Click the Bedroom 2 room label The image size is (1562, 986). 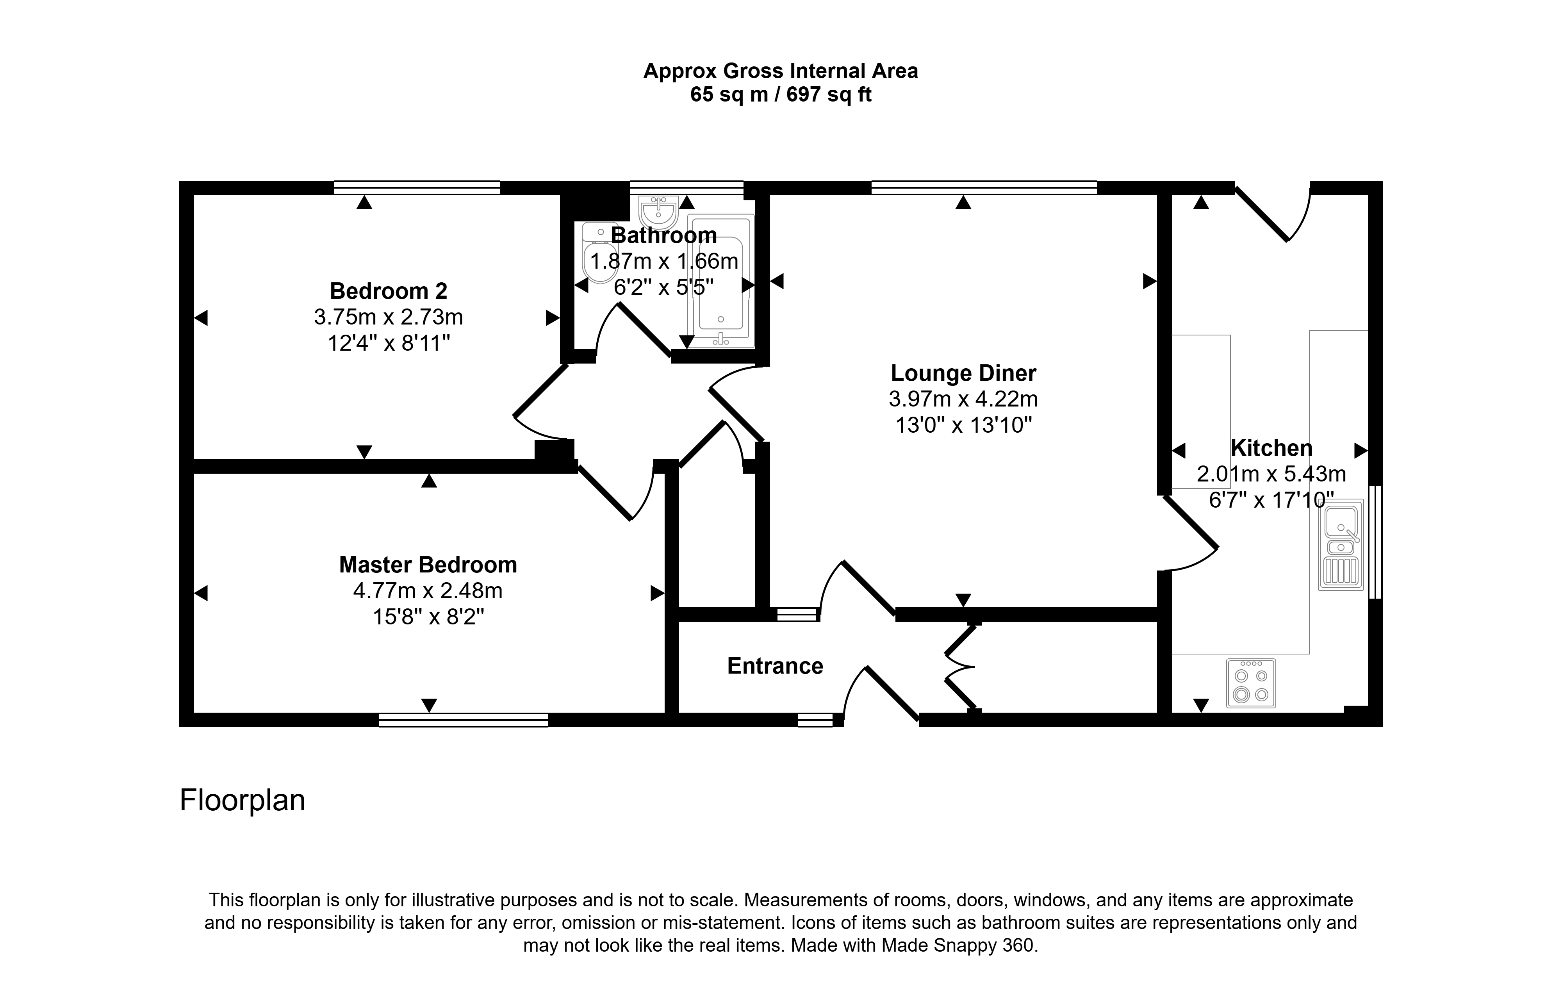pos(389,291)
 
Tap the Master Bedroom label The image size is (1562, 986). pos(428,565)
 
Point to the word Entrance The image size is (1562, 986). pos(775,666)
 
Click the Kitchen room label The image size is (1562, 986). pos(1271,448)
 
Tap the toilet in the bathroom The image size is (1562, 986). pos(599,253)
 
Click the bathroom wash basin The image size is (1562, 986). pos(658,210)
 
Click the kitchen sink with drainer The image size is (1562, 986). pos(1341,544)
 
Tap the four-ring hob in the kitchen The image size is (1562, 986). pos(1251,683)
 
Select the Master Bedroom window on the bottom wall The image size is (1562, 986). pos(463,720)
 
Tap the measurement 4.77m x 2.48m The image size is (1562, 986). pos(428,591)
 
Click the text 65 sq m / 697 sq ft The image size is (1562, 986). pos(781,95)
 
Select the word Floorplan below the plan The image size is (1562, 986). pos(243,801)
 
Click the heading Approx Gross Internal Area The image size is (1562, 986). pos(781,71)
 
